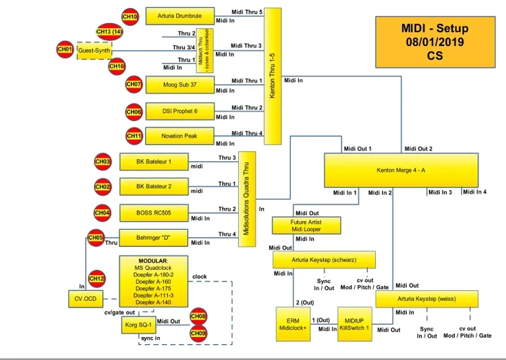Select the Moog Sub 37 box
tap(179, 85)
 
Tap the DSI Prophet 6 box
tap(179, 111)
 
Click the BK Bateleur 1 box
tap(153, 162)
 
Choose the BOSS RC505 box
tap(153, 213)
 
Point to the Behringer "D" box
tap(153, 238)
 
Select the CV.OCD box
tap(86, 298)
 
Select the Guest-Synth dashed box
tap(94, 51)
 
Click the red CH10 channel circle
tap(130, 17)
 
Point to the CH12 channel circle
tap(96, 279)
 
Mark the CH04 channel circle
tap(103, 213)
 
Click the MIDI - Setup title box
tap(434, 42)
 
